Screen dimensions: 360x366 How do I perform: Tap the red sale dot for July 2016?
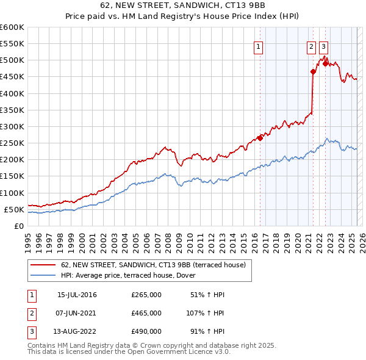[260, 138]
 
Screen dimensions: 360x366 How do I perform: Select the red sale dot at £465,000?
[313, 71]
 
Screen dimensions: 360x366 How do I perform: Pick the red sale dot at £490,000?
[325, 63]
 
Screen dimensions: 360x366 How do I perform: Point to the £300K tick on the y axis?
[12, 126]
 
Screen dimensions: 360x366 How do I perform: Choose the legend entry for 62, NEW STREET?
[153, 265]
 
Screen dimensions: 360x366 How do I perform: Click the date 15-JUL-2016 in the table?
[76, 295]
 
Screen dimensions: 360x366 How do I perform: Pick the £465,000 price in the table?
[146, 313]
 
